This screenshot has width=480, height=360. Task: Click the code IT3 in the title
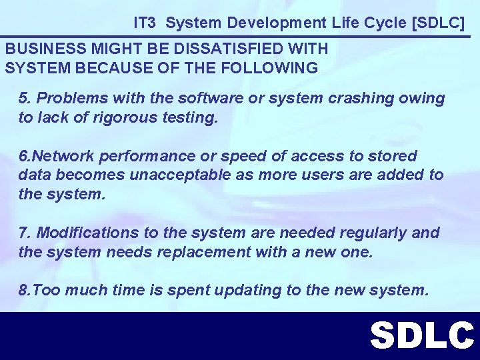coord(145,23)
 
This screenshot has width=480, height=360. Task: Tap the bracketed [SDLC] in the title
coord(437,23)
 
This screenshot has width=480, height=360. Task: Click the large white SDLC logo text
coord(421,335)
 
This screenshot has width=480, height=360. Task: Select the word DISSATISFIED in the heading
coord(230,49)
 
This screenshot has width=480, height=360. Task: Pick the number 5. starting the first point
coord(25,99)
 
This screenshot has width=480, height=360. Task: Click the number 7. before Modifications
coord(25,233)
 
